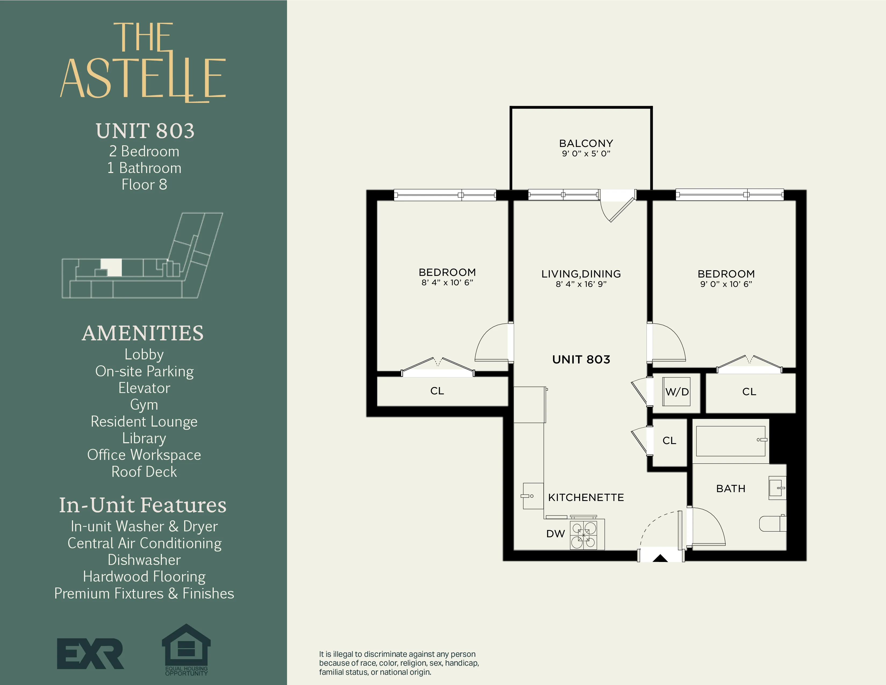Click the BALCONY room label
[x=586, y=143]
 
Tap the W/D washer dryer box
[x=677, y=392]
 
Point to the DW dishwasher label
[x=555, y=534]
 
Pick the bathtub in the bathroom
[x=730, y=441]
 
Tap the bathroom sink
[x=777, y=488]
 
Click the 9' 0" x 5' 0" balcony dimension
[x=586, y=153]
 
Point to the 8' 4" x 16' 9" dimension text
[x=581, y=284]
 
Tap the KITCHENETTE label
[x=586, y=497]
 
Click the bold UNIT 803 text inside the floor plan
[x=581, y=359]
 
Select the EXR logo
[x=90, y=653]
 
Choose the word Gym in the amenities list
[x=144, y=405]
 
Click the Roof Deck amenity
[x=144, y=471]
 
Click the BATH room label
[x=731, y=489]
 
